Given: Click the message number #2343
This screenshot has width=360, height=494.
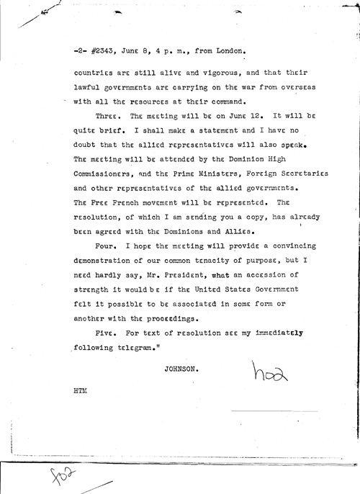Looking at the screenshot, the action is (x=105, y=51).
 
